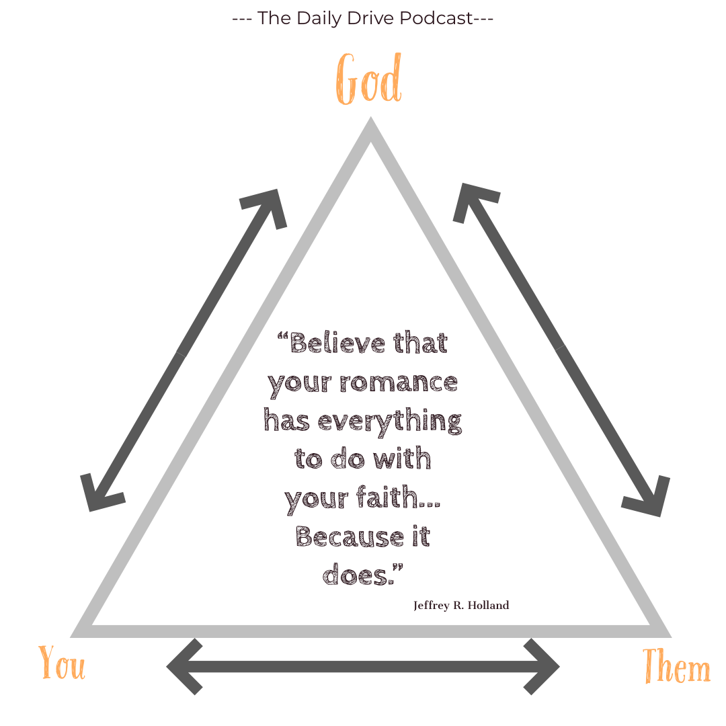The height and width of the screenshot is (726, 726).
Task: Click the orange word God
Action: click(x=369, y=79)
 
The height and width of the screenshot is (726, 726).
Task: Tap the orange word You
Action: click(x=62, y=663)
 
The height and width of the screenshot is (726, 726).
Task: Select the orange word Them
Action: click(x=676, y=667)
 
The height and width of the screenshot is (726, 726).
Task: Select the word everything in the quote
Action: click(x=390, y=422)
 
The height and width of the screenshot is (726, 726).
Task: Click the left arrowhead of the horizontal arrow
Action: click(x=180, y=667)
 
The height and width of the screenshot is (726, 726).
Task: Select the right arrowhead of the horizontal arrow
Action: click(x=546, y=667)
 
